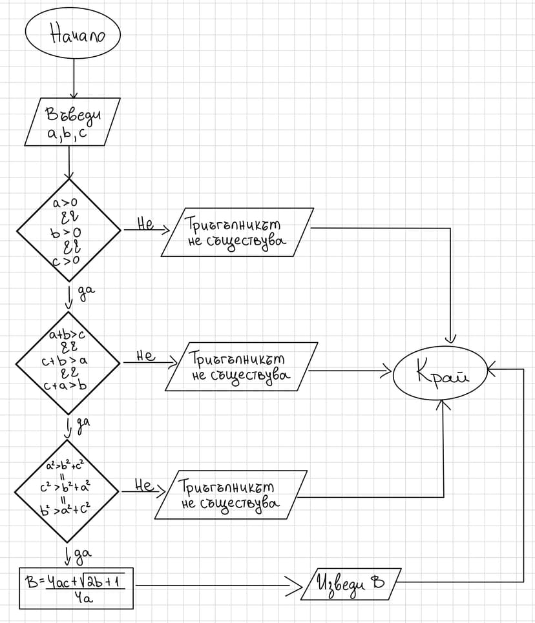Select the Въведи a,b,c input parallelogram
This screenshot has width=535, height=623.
click(x=72, y=122)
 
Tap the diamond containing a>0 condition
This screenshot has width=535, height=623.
click(x=68, y=230)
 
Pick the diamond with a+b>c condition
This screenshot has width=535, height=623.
click(x=68, y=362)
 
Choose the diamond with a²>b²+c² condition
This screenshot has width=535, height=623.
click(x=67, y=491)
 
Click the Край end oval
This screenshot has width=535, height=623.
click(x=441, y=373)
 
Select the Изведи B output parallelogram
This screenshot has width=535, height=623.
click(x=351, y=584)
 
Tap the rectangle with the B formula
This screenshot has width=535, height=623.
click(x=76, y=587)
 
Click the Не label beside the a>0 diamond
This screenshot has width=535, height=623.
click(x=146, y=224)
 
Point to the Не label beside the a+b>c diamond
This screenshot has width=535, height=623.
click(x=146, y=355)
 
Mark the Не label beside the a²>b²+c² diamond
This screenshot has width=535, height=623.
click(x=143, y=484)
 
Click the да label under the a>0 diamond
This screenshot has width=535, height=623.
click(x=85, y=292)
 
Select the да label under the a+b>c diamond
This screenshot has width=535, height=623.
click(x=83, y=424)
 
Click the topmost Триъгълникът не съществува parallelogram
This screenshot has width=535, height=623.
click(x=237, y=232)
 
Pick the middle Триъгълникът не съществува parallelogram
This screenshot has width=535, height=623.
click(x=241, y=366)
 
